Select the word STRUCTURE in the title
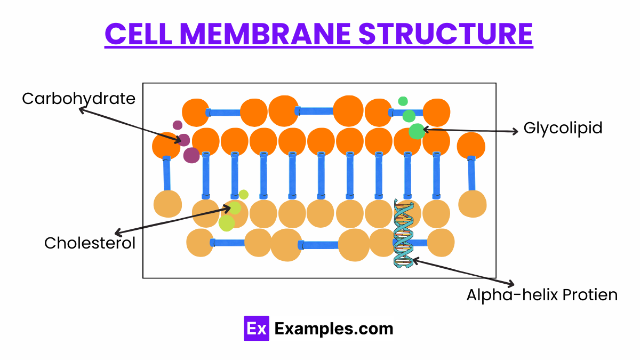(446, 34)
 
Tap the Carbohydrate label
(78, 99)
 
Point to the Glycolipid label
(563, 128)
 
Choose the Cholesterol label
(90, 243)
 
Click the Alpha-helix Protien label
(542, 295)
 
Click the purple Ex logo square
(256, 328)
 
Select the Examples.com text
(334, 329)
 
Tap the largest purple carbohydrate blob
(191, 155)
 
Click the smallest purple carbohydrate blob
(178, 125)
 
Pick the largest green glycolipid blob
(417, 131)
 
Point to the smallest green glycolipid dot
(403, 101)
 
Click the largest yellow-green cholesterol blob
(227, 222)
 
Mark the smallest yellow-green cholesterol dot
(244, 194)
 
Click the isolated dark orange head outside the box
(471, 146)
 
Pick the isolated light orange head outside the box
(473, 203)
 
